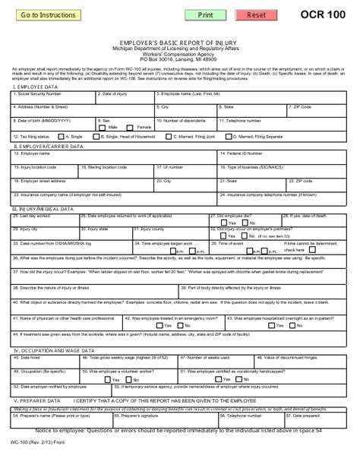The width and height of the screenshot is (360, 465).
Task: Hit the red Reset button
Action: click(257, 15)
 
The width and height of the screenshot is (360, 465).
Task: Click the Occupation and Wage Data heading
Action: click(53, 350)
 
